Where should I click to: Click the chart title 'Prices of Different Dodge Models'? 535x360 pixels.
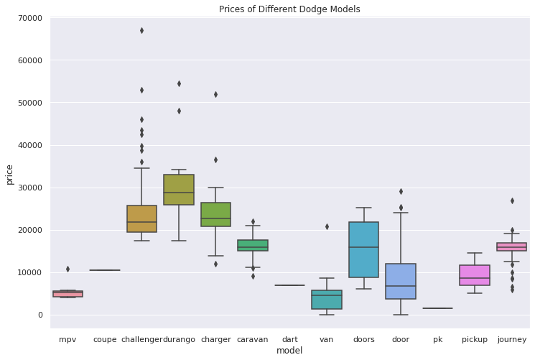click(x=289, y=9)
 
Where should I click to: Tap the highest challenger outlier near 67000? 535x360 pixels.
click(x=141, y=31)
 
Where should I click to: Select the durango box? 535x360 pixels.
click(x=179, y=190)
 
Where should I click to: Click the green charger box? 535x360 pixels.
click(x=216, y=214)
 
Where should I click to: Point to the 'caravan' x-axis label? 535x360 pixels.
click(x=253, y=339)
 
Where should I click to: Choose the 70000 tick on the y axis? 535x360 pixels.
click(x=30, y=18)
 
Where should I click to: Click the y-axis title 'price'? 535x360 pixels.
click(x=9, y=175)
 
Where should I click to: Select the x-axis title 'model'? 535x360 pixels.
click(x=289, y=351)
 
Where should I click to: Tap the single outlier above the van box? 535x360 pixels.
click(x=327, y=227)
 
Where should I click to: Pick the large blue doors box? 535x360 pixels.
click(x=363, y=249)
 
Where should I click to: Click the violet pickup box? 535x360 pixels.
click(x=475, y=275)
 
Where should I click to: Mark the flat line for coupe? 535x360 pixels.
click(x=105, y=270)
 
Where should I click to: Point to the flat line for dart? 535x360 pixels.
click(x=289, y=285)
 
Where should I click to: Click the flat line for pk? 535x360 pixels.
click(x=438, y=308)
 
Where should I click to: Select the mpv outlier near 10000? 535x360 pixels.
click(x=68, y=269)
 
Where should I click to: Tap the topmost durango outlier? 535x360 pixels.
click(x=179, y=83)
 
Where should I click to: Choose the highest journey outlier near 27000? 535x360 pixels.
click(x=512, y=200)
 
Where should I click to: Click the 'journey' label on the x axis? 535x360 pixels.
click(x=512, y=339)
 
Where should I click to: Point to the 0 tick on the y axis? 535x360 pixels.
click(x=40, y=315)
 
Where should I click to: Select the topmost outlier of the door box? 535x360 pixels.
click(x=401, y=192)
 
